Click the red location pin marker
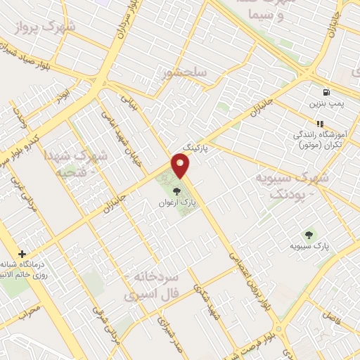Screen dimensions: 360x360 [181, 167]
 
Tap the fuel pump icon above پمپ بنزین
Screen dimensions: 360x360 [325, 92]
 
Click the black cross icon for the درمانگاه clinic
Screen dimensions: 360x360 [23, 253]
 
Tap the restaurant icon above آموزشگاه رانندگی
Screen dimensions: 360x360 [321, 124]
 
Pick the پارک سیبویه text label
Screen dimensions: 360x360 [310, 247]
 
